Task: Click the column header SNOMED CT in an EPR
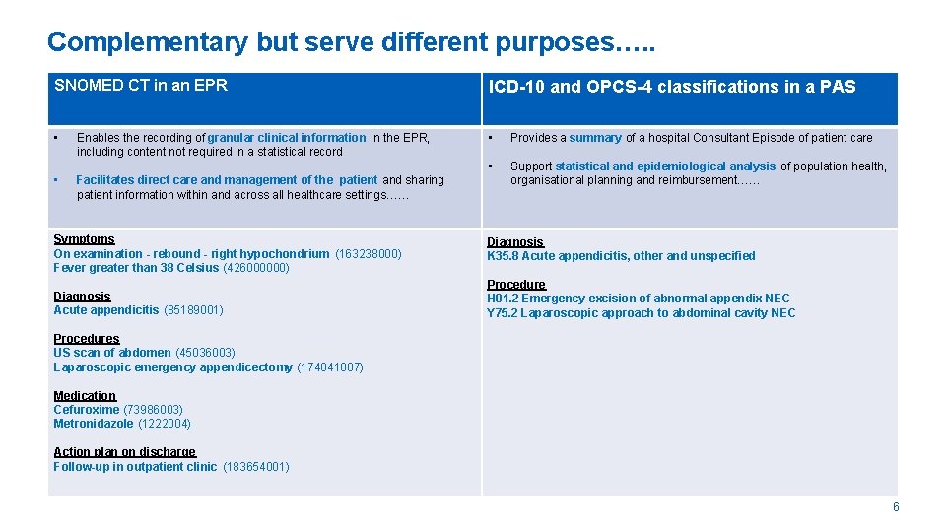click(x=141, y=86)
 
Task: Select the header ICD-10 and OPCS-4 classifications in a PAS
click(x=672, y=87)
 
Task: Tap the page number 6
click(x=895, y=507)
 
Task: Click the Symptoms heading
click(x=84, y=239)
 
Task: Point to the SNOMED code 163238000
click(x=369, y=254)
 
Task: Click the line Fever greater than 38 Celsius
click(x=136, y=268)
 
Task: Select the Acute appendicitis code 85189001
click(x=193, y=310)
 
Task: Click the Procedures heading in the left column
click(x=87, y=339)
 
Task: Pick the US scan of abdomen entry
click(x=111, y=353)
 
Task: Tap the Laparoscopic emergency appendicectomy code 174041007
click(x=329, y=367)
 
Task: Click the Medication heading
click(x=85, y=396)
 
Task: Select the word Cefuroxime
click(x=86, y=410)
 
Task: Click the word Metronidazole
click(x=93, y=424)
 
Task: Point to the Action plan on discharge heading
click(x=124, y=452)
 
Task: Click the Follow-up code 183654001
click(x=256, y=467)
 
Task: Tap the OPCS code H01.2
click(x=503, y=299)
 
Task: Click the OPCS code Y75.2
click(x=503, y=313)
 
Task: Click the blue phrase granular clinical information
click(x=286, y=138)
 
